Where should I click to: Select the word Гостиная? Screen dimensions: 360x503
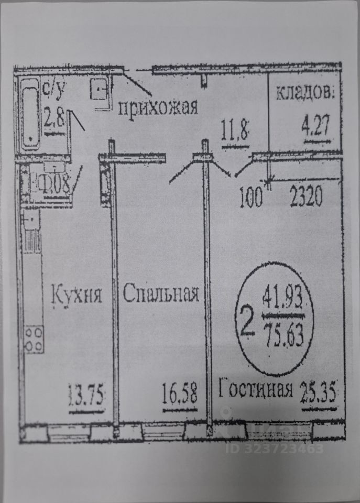(255, 390)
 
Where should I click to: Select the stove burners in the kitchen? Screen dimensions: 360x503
(34, 338)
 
